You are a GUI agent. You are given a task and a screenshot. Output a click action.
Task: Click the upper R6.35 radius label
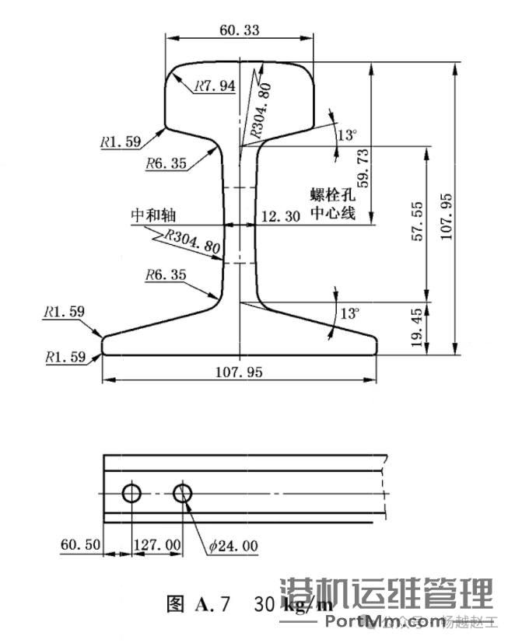166,163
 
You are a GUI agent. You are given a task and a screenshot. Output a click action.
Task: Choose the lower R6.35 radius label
166,274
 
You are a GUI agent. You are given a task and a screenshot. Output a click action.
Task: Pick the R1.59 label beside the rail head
120,142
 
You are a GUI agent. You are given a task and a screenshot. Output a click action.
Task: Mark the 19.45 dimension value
419,326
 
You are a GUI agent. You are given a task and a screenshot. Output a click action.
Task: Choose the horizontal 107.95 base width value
239,372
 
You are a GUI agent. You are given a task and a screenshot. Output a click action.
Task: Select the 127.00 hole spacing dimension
159,545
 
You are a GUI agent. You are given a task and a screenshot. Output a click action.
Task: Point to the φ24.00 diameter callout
233,546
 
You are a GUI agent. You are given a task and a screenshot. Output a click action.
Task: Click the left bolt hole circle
131,493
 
